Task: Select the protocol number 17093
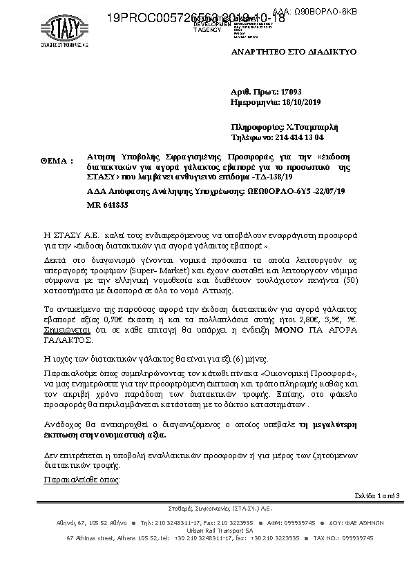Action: click(291, 92)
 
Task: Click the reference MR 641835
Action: click(107, 205)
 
